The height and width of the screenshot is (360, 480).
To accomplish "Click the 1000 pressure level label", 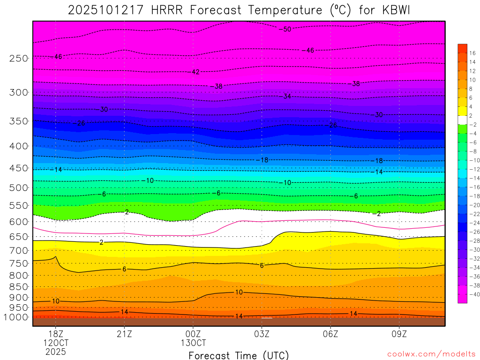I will coord(17,317).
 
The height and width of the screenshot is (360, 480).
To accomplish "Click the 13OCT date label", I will coord(193,343).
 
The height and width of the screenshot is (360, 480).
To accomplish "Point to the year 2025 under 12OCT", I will coord(56,351).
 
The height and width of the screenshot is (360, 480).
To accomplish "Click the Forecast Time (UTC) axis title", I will coord(239,355).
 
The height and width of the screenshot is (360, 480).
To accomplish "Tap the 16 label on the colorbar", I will coord(472,53).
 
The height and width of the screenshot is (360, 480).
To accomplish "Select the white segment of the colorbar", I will coord(462,120).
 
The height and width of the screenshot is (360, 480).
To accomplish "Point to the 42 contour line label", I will coord(196,72).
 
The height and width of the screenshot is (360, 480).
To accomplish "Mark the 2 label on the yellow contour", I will coord(101,242).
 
